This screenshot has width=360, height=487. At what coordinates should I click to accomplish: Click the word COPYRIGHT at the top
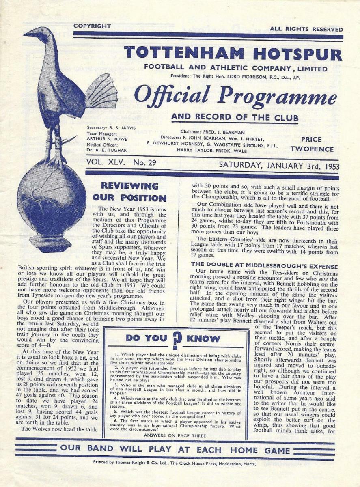pyautogui.click(x=92, y=26)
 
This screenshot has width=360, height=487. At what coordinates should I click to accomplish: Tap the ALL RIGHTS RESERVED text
pyautogui.click(x=306, y=29)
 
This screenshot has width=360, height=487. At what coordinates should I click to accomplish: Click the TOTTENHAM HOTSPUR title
pyautogui.click(x=233, y=54)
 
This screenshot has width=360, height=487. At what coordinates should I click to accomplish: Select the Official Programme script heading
pyautogui.click(x=235, y=96)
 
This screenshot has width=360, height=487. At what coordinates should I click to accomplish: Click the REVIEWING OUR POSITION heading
pyautogui.click(x=130, y=192)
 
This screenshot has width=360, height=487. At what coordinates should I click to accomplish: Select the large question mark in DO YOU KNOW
pyautogui.click(x=176, y=339)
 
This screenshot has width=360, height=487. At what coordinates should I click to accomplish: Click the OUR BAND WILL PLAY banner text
pyautogui.click(x=175, y=450)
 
